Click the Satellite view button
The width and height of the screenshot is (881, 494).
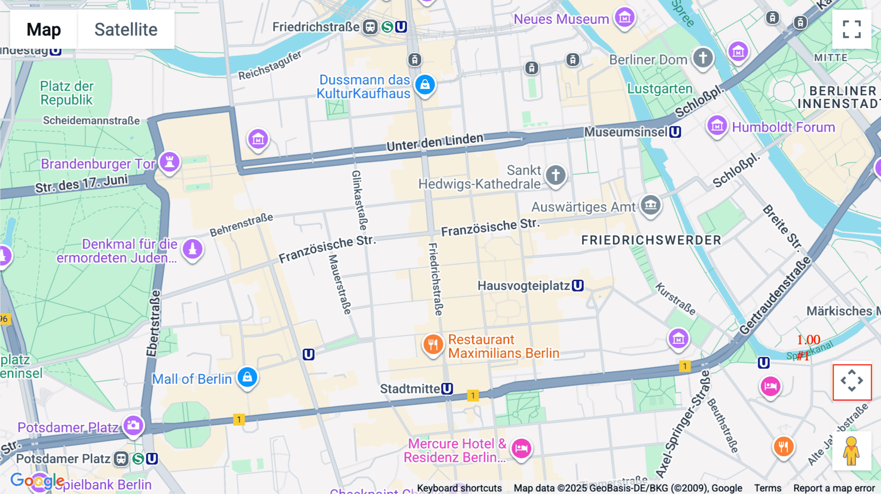tap(126, 29)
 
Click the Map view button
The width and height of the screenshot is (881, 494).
tap(44, 29)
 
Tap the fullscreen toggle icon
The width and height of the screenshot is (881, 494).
tap(852, 29)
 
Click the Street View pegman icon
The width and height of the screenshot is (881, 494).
tap(852, 451)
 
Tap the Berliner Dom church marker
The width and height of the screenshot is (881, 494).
tap(703, 58)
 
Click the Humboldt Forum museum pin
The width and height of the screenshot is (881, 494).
tap(717, 126)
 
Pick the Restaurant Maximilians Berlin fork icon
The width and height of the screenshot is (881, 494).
tap(433, 344)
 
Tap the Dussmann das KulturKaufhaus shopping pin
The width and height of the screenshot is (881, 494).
tap(425, 84)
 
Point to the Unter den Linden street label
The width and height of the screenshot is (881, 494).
tap(435, 142)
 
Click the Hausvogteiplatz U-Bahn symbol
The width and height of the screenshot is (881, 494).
tap(578, 285)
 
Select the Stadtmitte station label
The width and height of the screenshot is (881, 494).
tap(410, 389)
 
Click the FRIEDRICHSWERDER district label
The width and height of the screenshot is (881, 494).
tap(651, 240)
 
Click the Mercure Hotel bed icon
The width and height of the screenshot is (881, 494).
tap(521, 448)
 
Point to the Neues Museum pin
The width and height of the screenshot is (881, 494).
tap(625, 18)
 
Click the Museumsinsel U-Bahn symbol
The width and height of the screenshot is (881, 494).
tap(675, 132)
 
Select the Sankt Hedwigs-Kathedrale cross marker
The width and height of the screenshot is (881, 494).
tap(555, 174)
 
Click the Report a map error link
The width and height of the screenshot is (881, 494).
tap(834, 488)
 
